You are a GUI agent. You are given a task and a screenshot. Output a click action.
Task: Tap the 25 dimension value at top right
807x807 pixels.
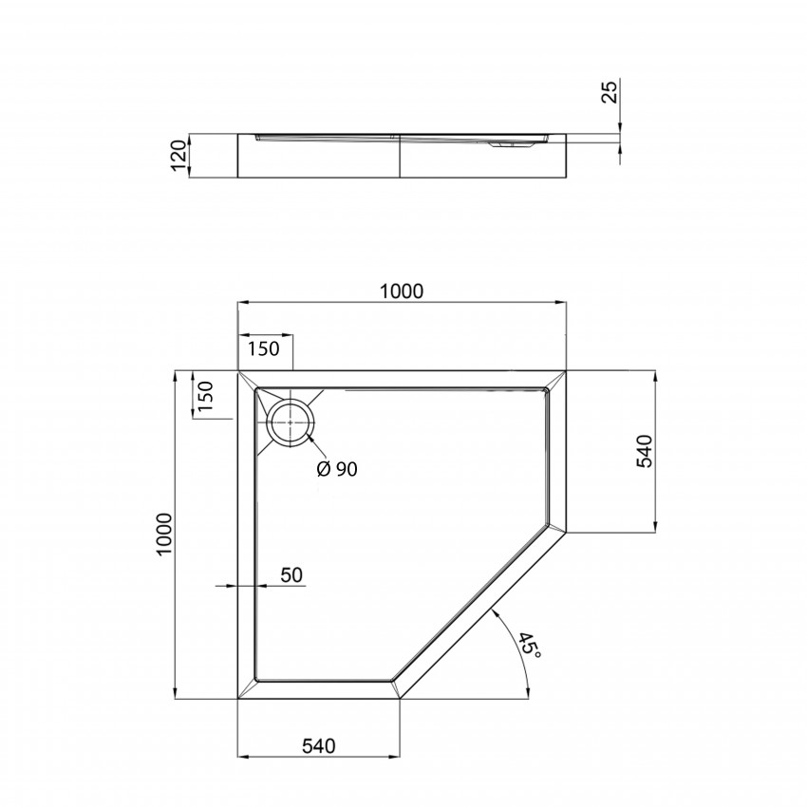(x=610, y=92)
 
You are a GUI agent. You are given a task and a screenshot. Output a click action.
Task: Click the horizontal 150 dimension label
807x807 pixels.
(x=264, y=348)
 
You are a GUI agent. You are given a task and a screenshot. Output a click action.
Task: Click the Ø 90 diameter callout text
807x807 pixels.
(x=337, y=469)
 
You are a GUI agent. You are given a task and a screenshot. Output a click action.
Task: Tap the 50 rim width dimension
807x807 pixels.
(x=291, y=575)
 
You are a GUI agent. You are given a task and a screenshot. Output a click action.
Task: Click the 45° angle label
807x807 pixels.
(x=529, y=649)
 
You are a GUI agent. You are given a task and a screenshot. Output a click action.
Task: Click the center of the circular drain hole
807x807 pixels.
(x=290, y=422)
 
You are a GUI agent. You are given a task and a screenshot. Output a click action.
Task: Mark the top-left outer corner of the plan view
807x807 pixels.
(x=236, y=370)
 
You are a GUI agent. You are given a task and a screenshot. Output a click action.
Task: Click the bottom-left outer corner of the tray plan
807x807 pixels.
(x=236, y=699)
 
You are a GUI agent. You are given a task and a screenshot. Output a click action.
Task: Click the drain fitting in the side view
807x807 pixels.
(x=512, y=145)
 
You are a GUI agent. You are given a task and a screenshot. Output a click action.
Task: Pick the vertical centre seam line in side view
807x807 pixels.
(x=400, y=155)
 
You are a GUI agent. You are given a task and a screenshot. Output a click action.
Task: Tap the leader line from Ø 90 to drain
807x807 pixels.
(x=316, y=450)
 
